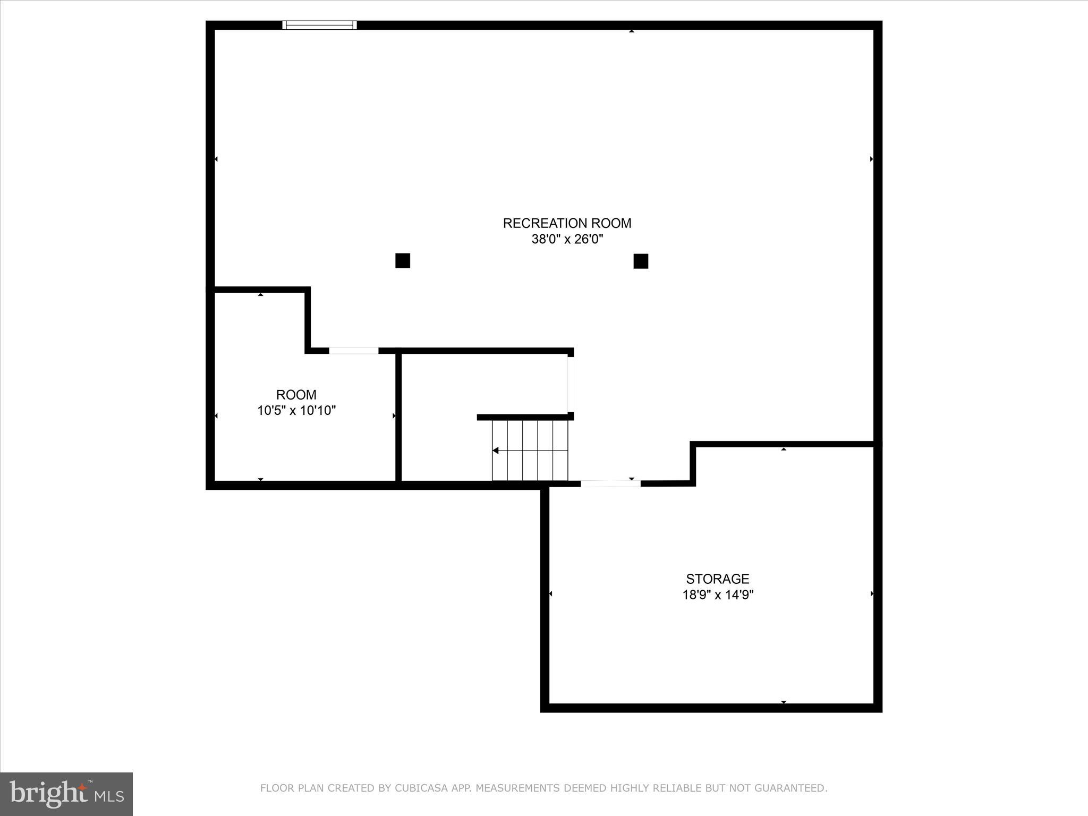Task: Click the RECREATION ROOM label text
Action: tap(567, 223)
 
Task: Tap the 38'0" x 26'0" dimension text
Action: tap(567, 240)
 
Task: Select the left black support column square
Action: tap(403, 261)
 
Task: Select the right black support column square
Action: tap(641, 261)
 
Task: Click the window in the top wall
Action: tap(319, 25)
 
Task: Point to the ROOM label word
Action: tap(296, 395)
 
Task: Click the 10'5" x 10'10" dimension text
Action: tap(296, 411)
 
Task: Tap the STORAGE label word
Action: tap(717, 579)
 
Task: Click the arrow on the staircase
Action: tap(496, 450)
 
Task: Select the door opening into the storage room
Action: tap(610, 483)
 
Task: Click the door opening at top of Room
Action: tap(353, 351)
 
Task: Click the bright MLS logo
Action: tap(66, 794)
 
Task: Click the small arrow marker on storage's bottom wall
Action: tap(784, 702)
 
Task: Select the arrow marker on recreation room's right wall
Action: tap(871, 159)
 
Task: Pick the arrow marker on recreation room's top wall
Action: tap(632, 31)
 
